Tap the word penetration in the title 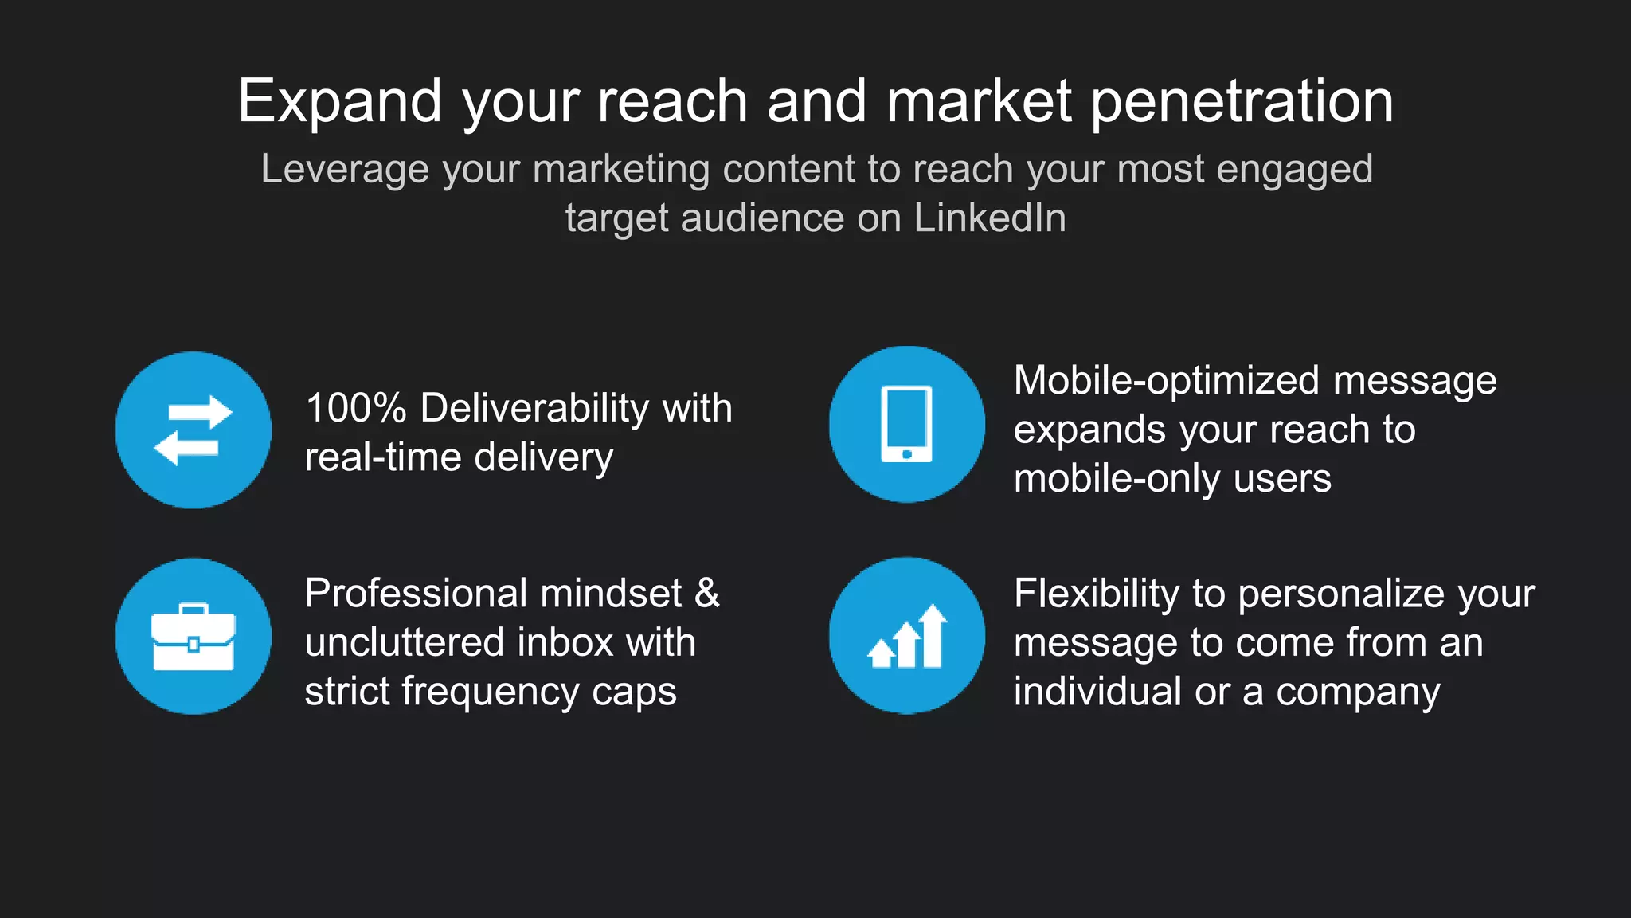(x=1242, y=102)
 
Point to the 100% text (x=356, y=408)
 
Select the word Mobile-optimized (x=1167, y=381)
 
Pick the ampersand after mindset (x=707, y=594)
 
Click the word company (x=1358, y=692)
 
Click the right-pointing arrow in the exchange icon (x=201, y=412)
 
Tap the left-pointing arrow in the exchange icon (x=186, y=447)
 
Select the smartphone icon (x=906, y=424)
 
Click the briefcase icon (x=194, y=637)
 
